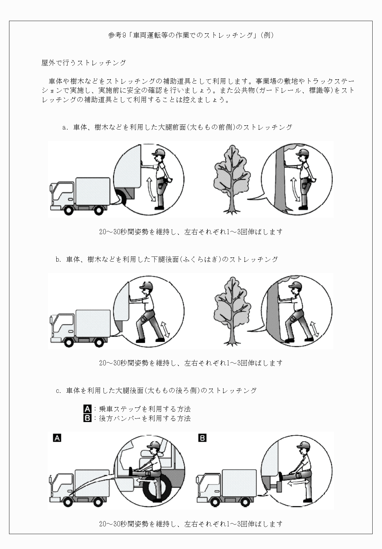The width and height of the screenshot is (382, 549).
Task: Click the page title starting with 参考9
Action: (x=191, y=35)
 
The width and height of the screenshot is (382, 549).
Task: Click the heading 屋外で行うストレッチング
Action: (x=83, y=63)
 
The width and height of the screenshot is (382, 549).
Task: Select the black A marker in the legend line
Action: (x=87, y=409)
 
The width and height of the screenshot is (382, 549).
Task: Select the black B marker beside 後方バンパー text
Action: (x=87, y=418)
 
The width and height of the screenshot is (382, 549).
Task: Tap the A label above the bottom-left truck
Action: (x=57, y=438)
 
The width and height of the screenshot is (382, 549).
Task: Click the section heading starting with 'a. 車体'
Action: (x=177, y=127)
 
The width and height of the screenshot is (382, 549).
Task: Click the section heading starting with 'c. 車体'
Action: (x=156, y=391)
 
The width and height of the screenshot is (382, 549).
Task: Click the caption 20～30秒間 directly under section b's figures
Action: (x=191, y=363)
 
